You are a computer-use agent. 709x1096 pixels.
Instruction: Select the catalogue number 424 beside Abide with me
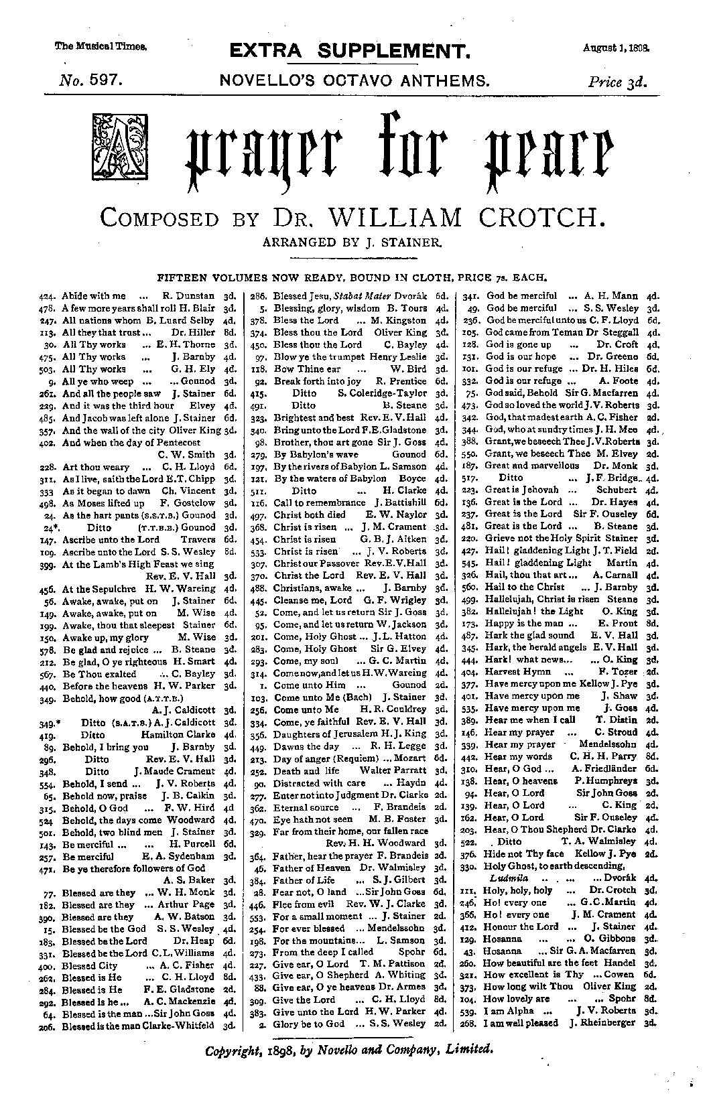point(46,295)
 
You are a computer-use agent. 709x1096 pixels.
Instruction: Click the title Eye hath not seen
point(304,819)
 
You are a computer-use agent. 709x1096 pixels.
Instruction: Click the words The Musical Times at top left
point(101,47)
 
